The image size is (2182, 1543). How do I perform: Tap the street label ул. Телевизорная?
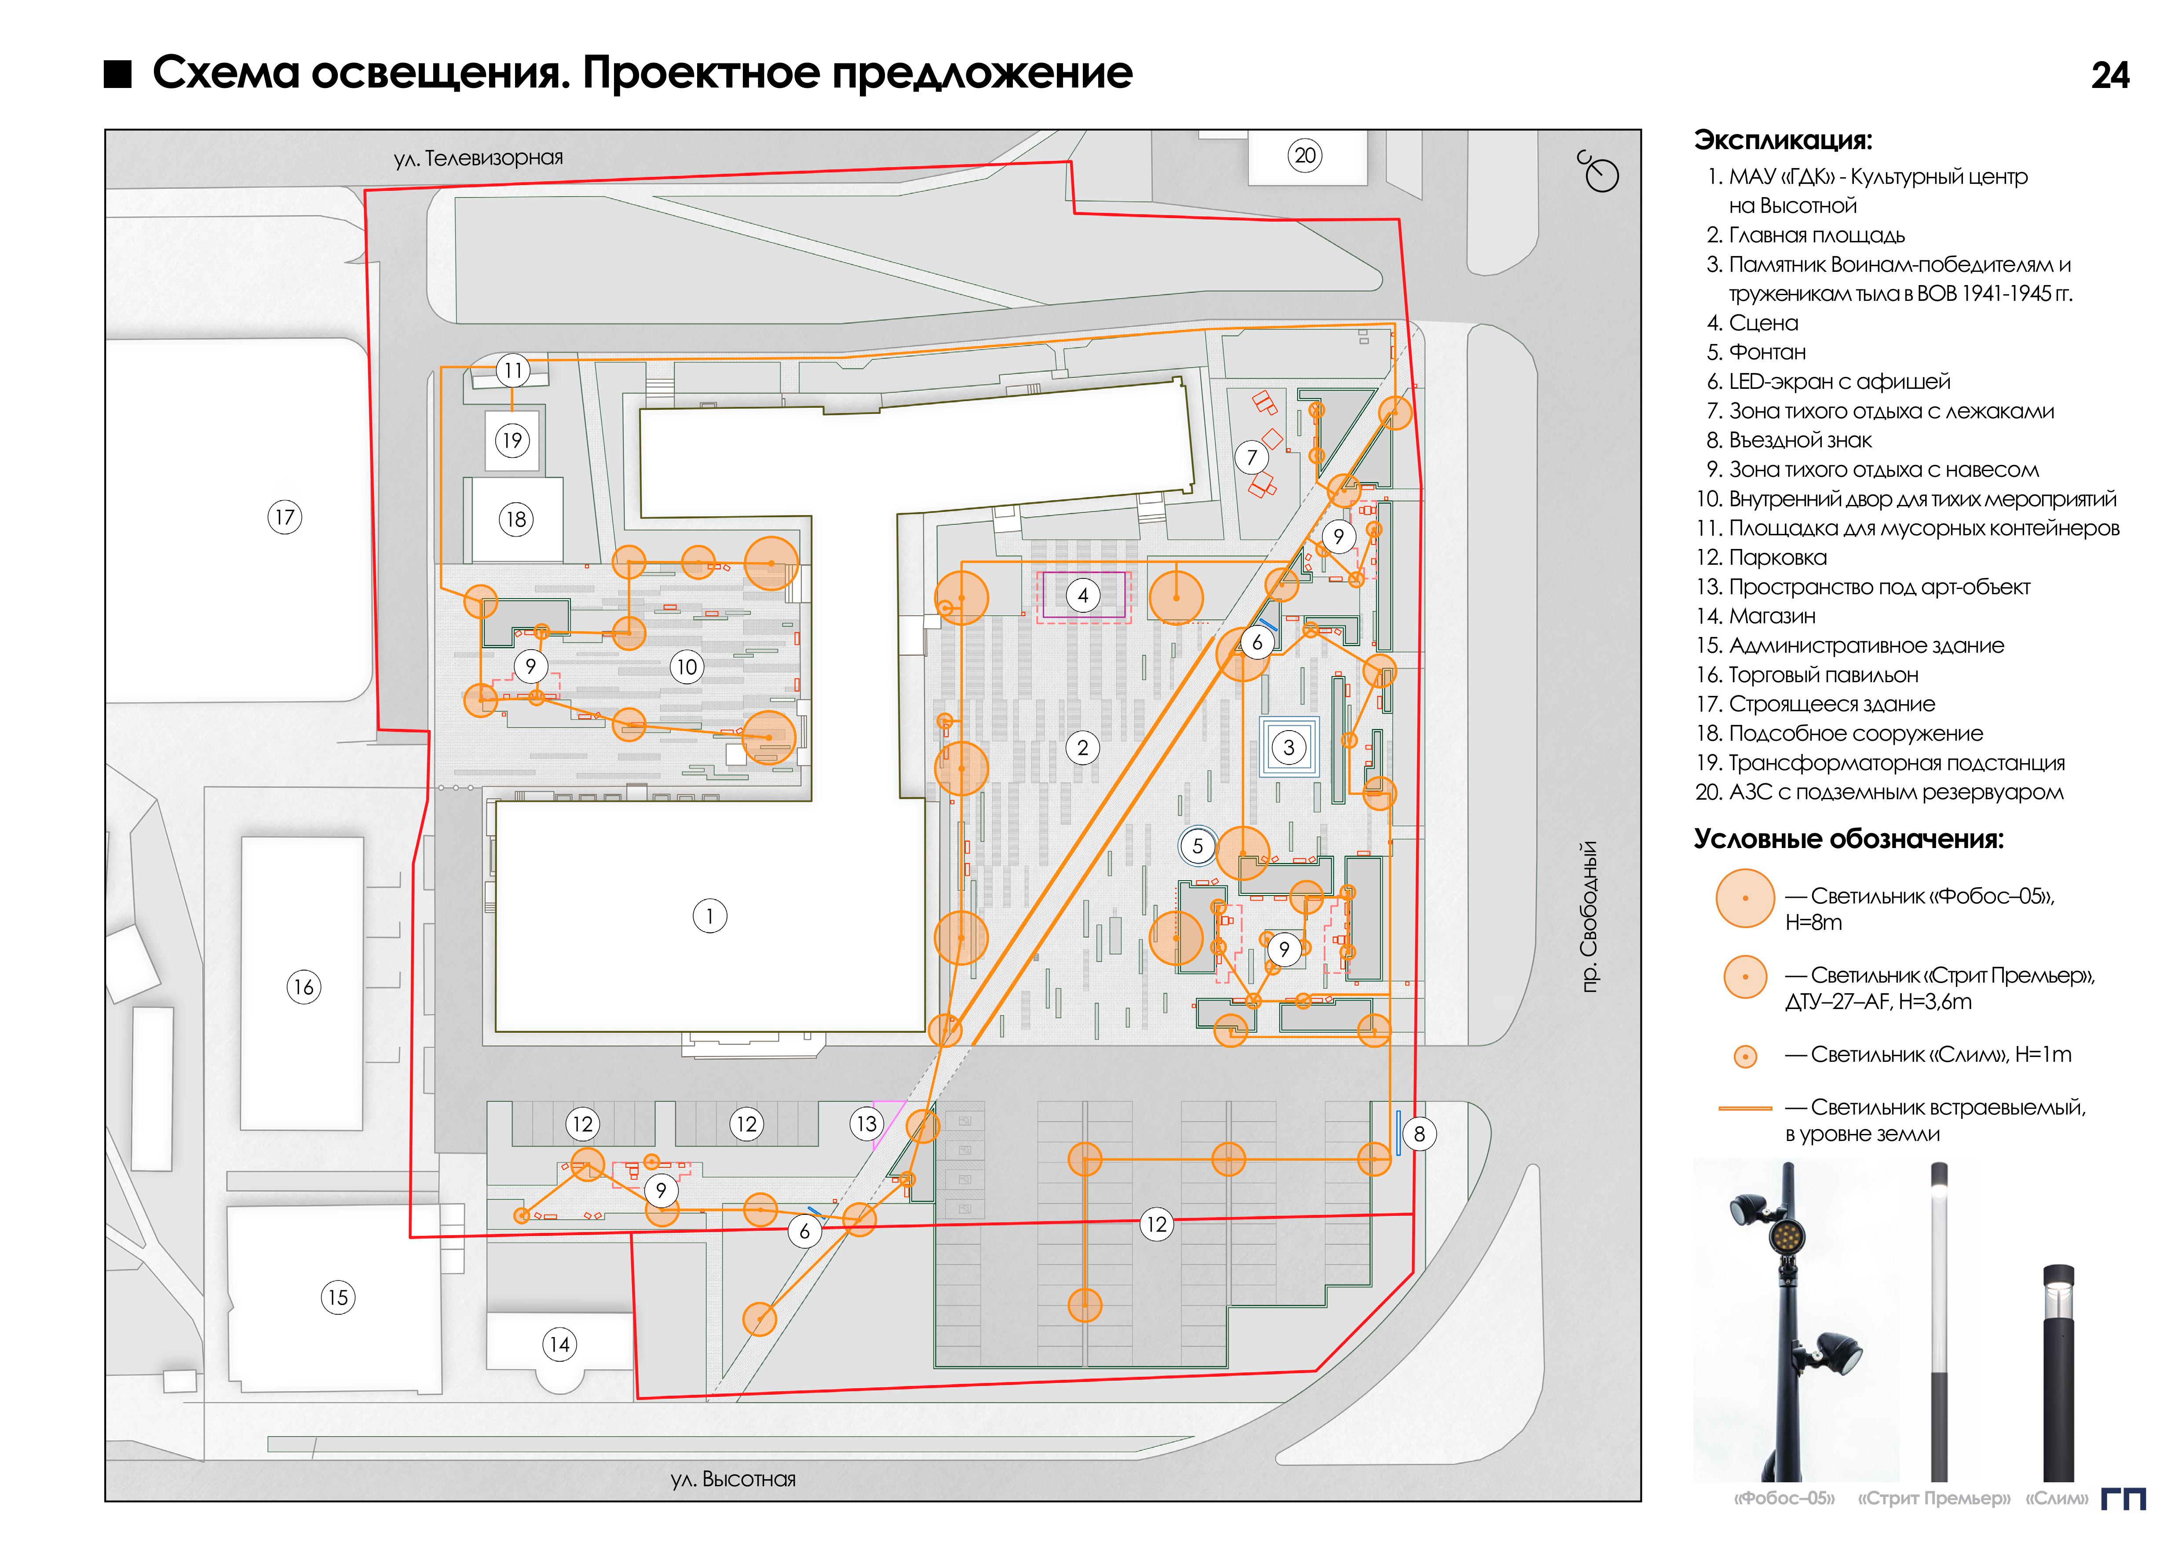478,158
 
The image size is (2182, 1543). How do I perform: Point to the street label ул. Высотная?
733,1479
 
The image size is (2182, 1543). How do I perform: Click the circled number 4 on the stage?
1082,596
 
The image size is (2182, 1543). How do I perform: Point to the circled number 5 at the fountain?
1197,845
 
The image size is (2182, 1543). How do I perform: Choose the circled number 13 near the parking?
866,1124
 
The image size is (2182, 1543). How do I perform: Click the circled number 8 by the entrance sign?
1419,1133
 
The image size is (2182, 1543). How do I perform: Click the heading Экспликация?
1783,141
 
